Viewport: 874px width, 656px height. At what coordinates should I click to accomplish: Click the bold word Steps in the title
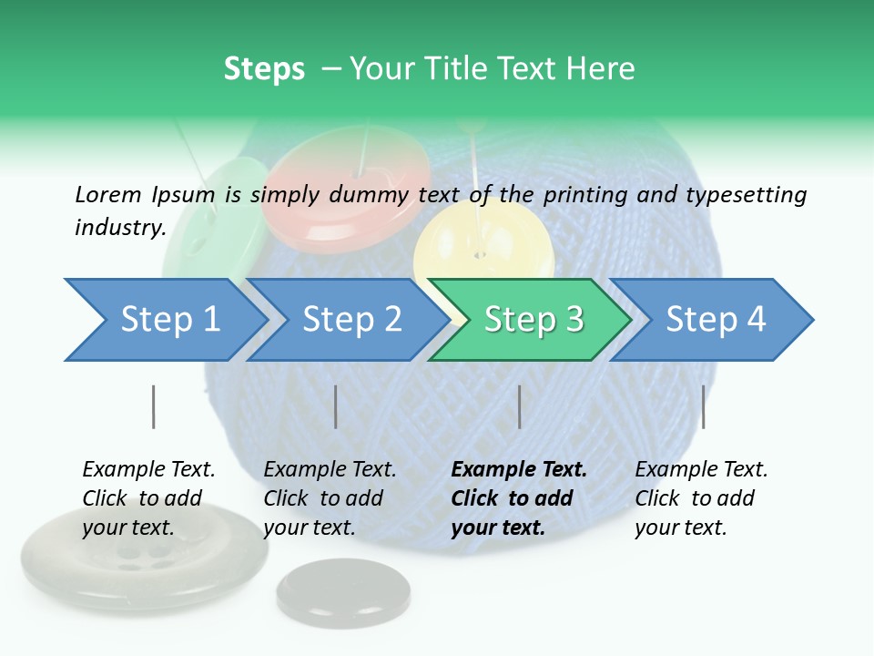(264, 69)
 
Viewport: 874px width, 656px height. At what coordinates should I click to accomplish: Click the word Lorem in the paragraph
(108, 194)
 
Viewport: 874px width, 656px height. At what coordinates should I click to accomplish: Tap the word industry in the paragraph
(118, 228)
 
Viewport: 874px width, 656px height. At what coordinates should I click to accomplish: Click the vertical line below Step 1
(153, 406)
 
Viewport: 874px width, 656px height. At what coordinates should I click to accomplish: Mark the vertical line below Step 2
(336, 406)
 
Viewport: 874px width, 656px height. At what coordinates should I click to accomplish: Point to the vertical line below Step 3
(519, 406)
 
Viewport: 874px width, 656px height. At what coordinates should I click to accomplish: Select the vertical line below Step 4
(703, 406)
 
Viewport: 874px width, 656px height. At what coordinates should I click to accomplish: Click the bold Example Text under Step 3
(519, 470)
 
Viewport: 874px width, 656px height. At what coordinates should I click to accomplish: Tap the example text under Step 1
(147, 498)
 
